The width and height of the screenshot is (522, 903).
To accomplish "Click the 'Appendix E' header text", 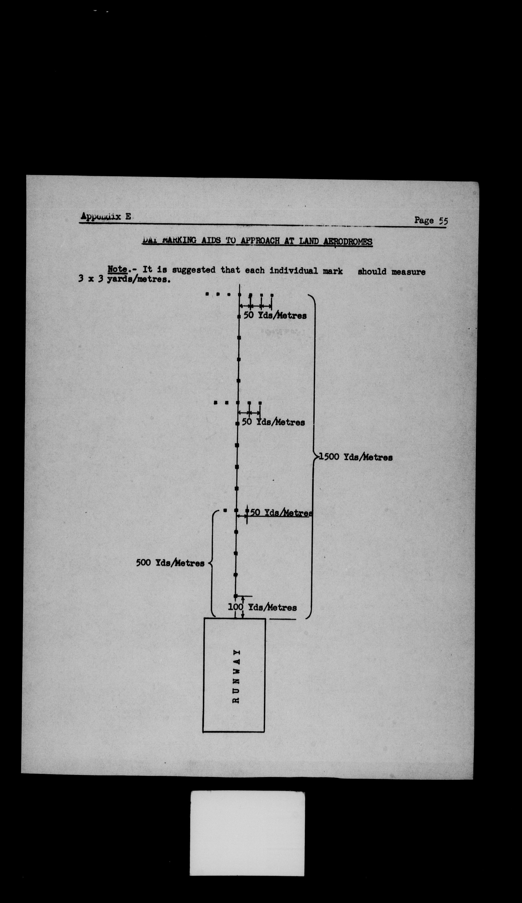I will (x=106, y=216).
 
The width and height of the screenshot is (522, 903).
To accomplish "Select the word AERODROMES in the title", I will (x=348, y=242).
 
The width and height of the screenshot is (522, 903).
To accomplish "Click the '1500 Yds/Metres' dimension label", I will (x=356, y=457).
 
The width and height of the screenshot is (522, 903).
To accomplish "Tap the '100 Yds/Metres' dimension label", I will (x=262, y=607).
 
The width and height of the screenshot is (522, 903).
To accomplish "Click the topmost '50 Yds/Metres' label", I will (x=275, y=316).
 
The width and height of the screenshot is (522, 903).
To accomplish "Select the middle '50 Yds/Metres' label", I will (x=273, y=422).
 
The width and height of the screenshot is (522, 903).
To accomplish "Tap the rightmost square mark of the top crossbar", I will (x=272, y=295).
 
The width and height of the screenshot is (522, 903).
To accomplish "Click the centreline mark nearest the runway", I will (x=235, y=596).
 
